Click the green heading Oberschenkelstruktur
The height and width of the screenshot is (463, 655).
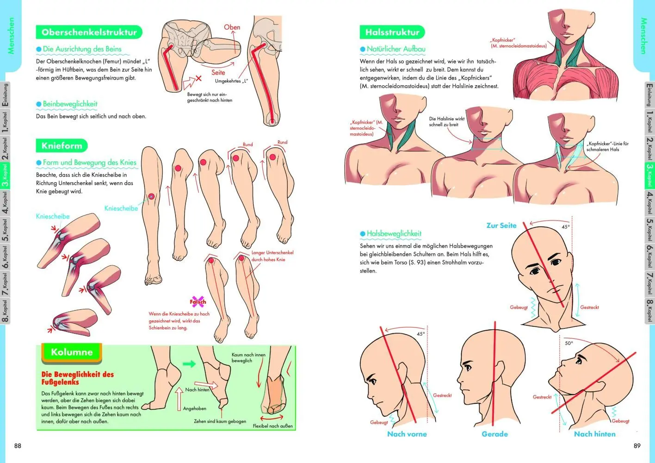coord(89,32)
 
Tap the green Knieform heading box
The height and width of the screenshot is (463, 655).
coord(62,145)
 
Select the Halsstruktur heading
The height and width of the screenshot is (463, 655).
coord(392,32)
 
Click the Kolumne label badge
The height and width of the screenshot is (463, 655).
coord(72,352)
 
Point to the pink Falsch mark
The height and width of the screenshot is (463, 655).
coord(198,301)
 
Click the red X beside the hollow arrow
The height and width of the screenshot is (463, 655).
coord(198,78)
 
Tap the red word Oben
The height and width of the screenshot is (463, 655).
coord(232,27)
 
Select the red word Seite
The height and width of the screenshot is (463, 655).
coord(218,73)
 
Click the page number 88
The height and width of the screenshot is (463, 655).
coord(18,446)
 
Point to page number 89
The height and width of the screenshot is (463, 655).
coord(637,446)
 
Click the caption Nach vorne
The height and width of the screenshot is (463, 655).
coord(407,434)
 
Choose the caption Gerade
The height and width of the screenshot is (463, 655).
coord(495,434)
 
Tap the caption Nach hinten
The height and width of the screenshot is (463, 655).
coord(595,434)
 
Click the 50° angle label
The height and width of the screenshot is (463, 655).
coord(569,343)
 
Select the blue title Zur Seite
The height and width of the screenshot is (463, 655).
coord(501,225)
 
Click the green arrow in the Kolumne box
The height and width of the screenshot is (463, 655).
coord(189,364)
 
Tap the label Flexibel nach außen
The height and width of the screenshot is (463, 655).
coord(272,426)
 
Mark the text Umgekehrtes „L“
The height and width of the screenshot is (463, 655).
coord(231,81)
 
